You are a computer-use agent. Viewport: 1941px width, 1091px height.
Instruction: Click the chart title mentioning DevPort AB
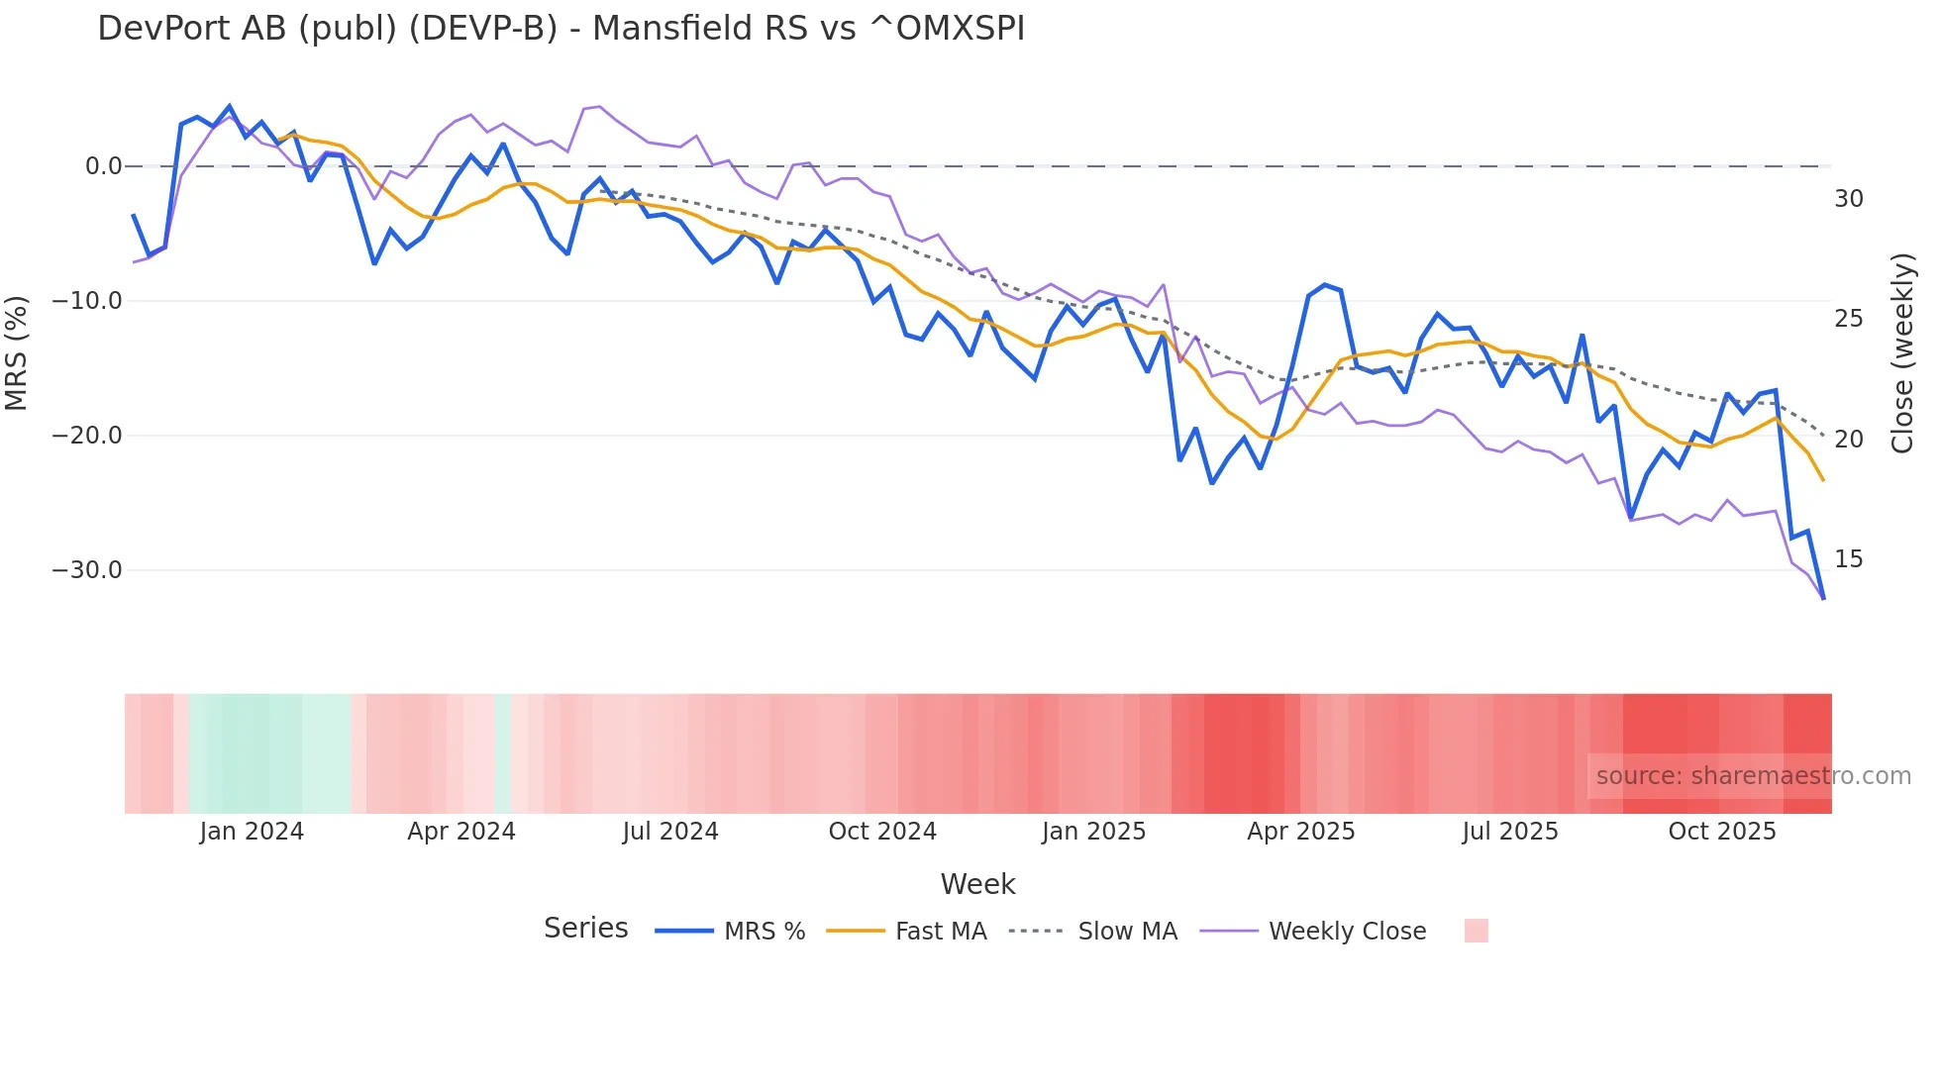click(x=561, y=29)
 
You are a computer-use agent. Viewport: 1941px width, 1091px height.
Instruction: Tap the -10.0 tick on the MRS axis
click(x=87, y=301)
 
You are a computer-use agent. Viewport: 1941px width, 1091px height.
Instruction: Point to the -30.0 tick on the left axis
click(x=87, y=570)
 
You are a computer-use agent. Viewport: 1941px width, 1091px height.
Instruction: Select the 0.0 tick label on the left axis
click(x=103, y=166)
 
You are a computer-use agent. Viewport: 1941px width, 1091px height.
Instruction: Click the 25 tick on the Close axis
click(x=1848, y=319)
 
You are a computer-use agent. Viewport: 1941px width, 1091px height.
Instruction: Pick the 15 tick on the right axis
click(x=1848, y=559)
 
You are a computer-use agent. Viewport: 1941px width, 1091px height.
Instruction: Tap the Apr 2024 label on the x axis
click(x=461, y=832)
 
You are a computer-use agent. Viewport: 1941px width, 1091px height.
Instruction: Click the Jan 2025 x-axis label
click(x=1093, y=832)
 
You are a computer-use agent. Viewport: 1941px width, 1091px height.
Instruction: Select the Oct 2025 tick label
click(x=1722, y=832)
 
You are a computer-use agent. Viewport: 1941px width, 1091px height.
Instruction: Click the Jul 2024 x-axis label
click(x=670, y=832)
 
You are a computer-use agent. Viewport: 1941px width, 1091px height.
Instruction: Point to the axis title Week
click(x=977, y=884)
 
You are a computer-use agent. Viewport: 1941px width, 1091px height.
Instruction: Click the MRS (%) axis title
click(x=17, y=352)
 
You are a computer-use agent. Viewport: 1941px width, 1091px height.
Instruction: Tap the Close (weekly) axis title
click(x=1902, y=352)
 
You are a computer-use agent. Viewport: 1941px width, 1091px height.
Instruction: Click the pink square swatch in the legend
click(x=1476, y=931)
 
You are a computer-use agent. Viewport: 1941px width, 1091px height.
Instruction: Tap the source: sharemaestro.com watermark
click(x=1753, y=776)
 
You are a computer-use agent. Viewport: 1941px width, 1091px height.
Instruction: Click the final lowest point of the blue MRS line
click(x=1823, y=598)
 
